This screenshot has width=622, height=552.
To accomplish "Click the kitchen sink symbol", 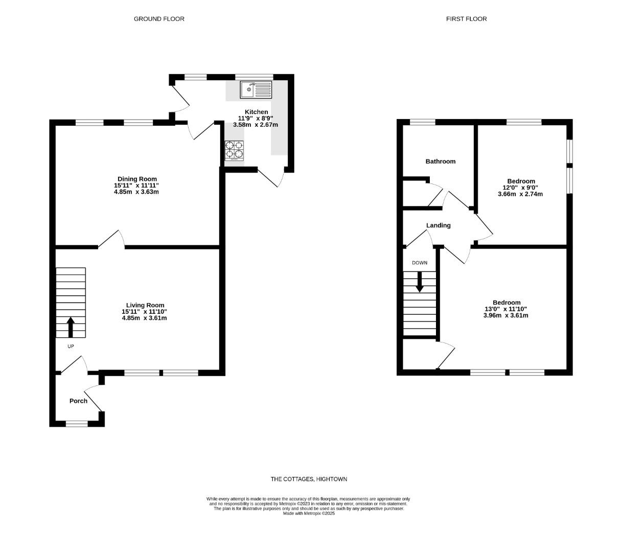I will click(256, 90).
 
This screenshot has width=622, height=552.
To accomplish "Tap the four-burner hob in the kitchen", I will click(235, 150).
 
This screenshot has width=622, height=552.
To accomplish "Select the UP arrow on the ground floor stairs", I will click(71, 327).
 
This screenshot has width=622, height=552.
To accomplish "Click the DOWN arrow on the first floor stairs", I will click(420, 282).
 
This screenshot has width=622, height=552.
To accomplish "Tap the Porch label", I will click(78, 401).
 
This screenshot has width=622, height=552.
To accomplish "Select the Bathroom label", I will click(441, 162).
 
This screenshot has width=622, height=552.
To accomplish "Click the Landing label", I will click(439, 225).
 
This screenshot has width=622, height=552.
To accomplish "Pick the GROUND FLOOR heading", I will click(159, 19).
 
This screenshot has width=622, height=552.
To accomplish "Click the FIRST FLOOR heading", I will click(466, 19).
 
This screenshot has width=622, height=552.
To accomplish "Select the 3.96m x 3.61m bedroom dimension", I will click(506, 315).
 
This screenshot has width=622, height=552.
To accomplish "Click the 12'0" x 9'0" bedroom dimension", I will click(520, 188).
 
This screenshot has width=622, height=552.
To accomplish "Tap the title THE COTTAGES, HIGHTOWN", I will click(309, 479).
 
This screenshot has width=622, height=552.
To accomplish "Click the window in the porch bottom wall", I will click(77, 423).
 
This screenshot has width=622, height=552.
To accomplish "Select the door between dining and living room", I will click(111, 240).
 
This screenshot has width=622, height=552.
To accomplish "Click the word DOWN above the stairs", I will click(420, 263).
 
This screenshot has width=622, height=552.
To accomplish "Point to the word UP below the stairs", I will click(71, 347).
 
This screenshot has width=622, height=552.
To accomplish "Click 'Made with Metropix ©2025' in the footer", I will click(309, 513).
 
